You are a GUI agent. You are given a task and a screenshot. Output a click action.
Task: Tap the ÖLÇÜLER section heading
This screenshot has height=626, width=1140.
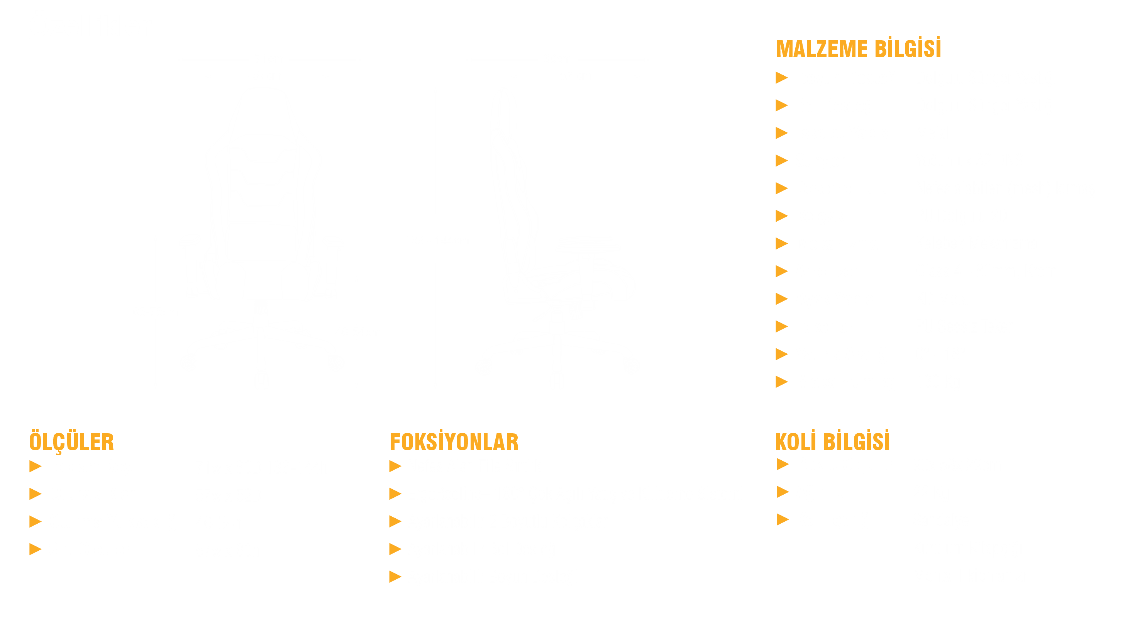72,442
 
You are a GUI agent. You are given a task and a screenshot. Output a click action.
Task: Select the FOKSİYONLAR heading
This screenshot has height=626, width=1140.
454,442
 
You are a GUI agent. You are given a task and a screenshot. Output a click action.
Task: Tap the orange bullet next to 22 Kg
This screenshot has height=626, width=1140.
783,491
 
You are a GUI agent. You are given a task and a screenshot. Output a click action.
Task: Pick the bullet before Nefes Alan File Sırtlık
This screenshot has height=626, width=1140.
395,466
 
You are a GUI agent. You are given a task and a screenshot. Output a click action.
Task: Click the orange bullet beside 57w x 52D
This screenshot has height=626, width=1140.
36,494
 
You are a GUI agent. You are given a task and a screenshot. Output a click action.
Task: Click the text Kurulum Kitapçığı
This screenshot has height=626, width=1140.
967,549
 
